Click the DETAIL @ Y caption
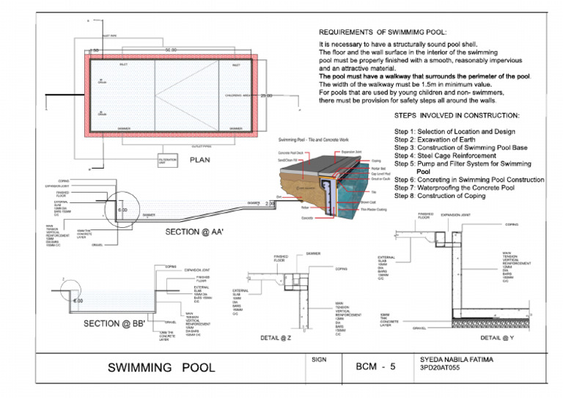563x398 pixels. coord(498,338)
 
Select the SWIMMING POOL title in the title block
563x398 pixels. coord(161,367)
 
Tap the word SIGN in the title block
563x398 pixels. coord(319,360)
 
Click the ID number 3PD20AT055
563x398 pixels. coord(442,370)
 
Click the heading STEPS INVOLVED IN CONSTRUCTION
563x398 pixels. coord(457,116)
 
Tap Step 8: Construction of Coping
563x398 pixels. coord(440,196)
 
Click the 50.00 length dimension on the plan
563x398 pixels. coord(170,50)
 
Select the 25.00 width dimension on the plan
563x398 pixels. coord(265,95)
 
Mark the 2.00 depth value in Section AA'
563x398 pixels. coord(269,202)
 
